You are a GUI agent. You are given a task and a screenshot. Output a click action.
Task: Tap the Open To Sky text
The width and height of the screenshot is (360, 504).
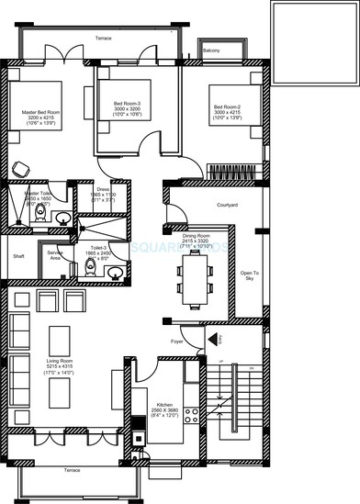[x=249, y=275]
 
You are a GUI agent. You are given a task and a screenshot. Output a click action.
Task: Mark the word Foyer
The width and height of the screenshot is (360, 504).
[x=178, y=342]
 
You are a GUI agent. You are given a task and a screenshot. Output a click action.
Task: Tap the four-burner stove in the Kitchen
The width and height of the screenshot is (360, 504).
[x=191, y=413]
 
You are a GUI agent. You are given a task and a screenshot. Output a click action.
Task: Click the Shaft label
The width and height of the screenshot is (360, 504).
[x=17, y=257]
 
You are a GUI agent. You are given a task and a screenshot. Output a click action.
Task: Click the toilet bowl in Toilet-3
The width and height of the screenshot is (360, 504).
[x=90, y=266]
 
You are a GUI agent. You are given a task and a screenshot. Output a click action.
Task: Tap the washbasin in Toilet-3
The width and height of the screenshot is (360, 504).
[x=115, y=271]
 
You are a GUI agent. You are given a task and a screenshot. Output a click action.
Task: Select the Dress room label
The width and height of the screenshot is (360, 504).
[x=103, y=194]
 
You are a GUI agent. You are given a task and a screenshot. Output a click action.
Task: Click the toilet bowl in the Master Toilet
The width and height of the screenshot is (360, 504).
[x=39, y=213]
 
